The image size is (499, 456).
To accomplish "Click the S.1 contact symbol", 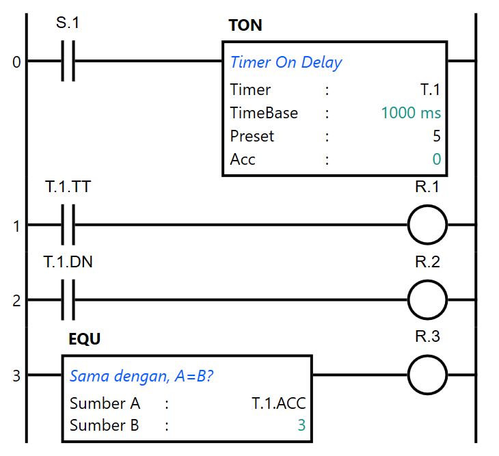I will pos(68,62).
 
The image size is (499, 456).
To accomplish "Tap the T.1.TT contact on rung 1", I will pos(68,225).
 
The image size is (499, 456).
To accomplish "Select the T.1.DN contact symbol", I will pos(68,299).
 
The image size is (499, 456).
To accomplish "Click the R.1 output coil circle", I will pos(427,225).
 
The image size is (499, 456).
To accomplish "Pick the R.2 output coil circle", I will pos(427,299).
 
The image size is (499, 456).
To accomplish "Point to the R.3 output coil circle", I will pos(427,375).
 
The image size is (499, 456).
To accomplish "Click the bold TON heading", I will pos(245,26).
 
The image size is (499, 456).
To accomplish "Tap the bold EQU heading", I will pos(85,339).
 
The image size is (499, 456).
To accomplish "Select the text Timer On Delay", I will pos(286,62).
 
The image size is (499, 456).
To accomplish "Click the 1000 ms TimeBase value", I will pos(411,113).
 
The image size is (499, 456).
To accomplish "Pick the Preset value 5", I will pos(436,136).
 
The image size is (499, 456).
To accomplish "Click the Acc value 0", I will pos(436,159).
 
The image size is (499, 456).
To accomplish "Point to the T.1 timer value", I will pos(430,90).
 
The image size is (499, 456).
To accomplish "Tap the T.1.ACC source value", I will pos(278,403).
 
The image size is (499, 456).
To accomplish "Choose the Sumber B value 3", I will pos(301,425).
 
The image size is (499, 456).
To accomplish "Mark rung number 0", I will pos(16,63).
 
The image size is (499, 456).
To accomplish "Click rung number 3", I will pos(16,375).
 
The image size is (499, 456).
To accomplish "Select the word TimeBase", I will pos(264,113).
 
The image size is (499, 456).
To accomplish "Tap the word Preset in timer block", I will pos(252,136).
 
